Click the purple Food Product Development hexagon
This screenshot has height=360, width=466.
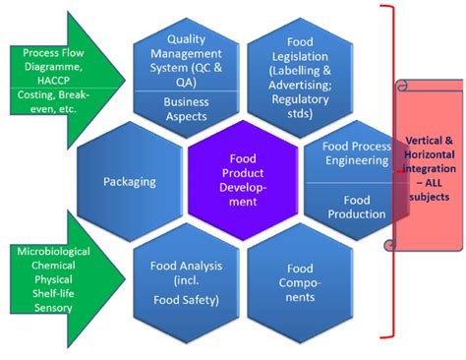click(x=241, y=178)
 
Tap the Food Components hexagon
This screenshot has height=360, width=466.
click(x=300, y=281)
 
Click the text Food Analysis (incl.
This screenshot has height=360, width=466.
click(x=186, y=272)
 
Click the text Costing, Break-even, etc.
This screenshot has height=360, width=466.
click(x=55, y=103)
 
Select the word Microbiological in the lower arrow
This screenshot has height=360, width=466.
click(x=53, y=252)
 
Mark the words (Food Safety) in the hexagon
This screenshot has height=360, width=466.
click(x=186, y=300)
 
